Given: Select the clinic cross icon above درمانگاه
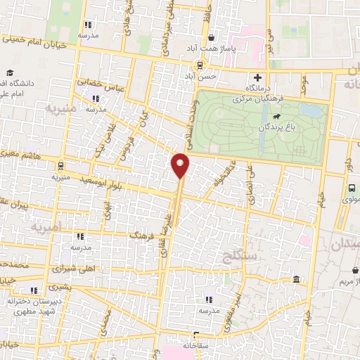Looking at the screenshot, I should tap(258, 77).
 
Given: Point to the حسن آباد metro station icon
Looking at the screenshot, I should tap(200, 63).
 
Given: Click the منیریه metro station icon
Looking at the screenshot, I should tap(61, 167).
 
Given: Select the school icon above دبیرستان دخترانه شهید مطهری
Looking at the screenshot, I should tap(33, 290).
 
